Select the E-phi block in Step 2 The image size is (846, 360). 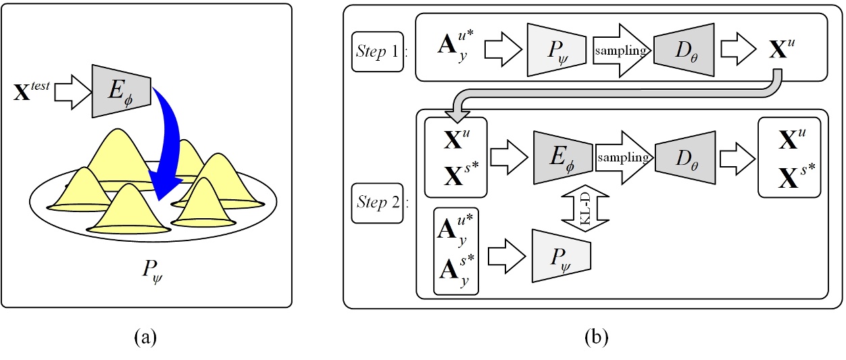[563, 157]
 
